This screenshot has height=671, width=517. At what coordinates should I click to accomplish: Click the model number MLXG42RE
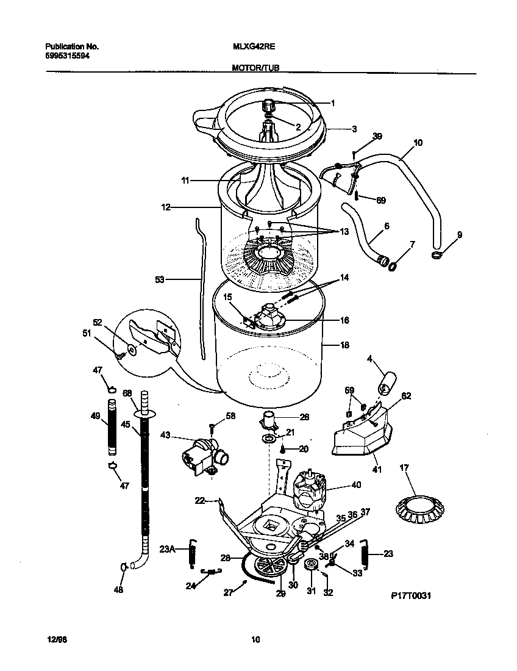tap(250, 46)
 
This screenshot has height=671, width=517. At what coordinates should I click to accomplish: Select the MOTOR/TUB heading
tap(255, 69)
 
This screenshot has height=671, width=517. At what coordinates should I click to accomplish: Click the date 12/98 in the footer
tap(55, 639)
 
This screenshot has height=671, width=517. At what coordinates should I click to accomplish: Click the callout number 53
tap(160, 279)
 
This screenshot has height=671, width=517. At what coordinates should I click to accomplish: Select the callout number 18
tap(344, 345)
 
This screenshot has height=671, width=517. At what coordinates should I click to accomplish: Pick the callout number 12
tap(166, 207)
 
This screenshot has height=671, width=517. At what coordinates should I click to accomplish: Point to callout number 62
tap(406, 395)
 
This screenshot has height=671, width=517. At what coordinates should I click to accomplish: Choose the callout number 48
tap(118, 589)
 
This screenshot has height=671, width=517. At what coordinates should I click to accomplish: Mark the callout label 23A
tap(167, 548)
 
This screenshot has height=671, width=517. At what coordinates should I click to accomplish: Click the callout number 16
tap(344, 320)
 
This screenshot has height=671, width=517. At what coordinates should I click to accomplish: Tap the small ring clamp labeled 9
tap(437, 254)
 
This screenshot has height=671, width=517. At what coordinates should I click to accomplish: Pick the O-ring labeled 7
tap(394, 265)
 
